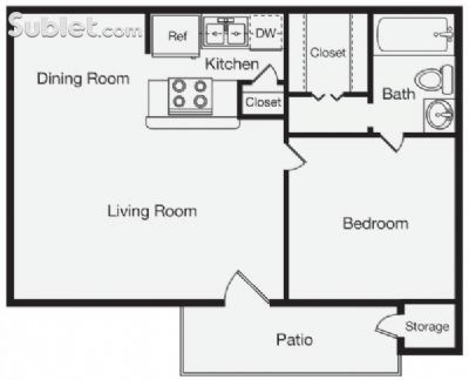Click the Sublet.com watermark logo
click(x=74, y=27)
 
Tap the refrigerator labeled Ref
click(x=177, y=36)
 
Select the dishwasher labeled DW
click(x=266, y=33)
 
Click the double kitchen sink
click(x=224, y=34)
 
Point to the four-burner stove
click(x=190, y=96)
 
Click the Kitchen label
click(x=232, y=64)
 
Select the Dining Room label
click(x=83, y=79)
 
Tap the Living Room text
click(x=152, y=211)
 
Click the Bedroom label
click(x=375, y=224)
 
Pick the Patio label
click(x=294, y=339)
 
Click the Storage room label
click(x=427, y=326)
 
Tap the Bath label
click(x=398, y=94)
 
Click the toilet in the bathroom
click(x=434, y=80)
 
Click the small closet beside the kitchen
click(x=263, y=102)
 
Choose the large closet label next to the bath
click(x=328, y=52)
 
